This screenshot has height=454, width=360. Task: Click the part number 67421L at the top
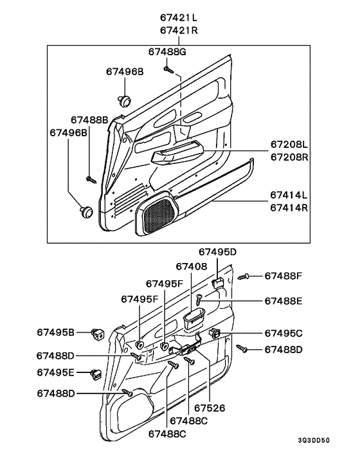(179, 17)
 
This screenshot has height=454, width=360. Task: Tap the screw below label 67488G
(168, 69)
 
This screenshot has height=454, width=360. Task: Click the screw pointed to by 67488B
(91, 179)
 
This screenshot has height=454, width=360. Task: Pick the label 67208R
(289, 157)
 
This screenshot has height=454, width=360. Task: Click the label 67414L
(289, 195)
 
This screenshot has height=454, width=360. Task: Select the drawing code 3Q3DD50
(314, 440)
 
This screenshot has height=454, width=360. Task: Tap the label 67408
(192, 266)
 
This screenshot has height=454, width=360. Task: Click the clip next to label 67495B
(98, 334)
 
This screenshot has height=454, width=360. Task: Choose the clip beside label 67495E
(95, 374)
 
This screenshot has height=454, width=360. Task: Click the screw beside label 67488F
(244, 277)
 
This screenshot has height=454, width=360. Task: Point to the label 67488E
(283, 301)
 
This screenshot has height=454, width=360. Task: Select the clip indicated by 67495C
(215, 332)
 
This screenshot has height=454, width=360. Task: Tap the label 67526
(210, 408)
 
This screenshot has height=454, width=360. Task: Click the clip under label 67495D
(218, 283)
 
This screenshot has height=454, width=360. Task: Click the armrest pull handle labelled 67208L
(177, 152)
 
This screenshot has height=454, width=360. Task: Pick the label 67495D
(217, 252)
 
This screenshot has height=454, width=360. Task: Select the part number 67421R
(179, 30)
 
